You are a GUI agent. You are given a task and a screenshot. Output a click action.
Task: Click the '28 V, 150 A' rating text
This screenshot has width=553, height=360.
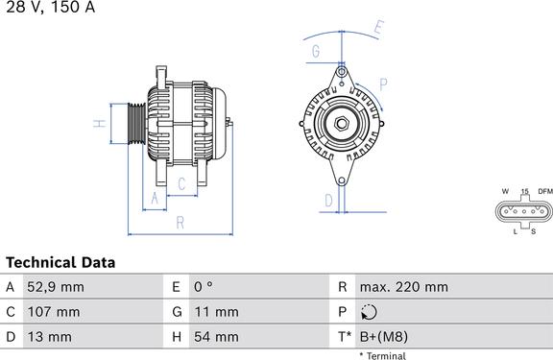pyautogui.click(x=51, y=7)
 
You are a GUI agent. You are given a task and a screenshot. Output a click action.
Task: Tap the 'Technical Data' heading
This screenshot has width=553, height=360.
pyautogui.click(x=60, y=263)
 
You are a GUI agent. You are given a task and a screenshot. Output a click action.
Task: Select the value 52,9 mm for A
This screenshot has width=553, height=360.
pyautogui.click(x=56, y=287)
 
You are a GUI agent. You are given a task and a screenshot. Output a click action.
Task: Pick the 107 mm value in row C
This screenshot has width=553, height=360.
pyautogui.click(x=54, y=312)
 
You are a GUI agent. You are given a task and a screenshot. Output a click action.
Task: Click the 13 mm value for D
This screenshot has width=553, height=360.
pyautogui.click(x=49, y=337)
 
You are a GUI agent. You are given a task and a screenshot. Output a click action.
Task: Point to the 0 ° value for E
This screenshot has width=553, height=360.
pyautogui.click(x=204, y=287)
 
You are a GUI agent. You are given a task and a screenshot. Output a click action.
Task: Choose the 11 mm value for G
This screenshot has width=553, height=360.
pyautogui.click(x=217, y=312)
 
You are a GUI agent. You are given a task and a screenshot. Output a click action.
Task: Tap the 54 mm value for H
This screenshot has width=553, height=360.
pyautogui.click(x=216, y=337)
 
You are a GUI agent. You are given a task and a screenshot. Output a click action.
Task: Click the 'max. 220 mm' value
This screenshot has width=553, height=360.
pyautogui.click(x=404, y=287)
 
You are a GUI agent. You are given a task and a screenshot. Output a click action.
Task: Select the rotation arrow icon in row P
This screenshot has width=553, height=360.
pyautogui.click(x=369, y=312)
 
